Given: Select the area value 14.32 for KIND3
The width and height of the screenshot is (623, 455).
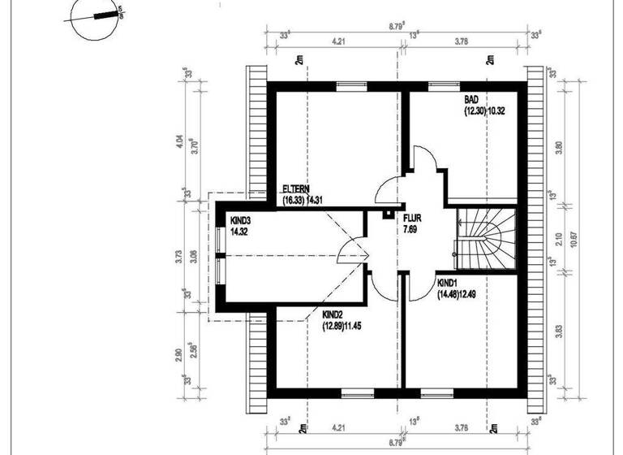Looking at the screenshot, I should coord(239,232).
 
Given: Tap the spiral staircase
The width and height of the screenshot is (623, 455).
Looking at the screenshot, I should coord(485,240).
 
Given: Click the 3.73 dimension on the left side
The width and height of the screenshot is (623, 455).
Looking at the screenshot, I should coord(179,258).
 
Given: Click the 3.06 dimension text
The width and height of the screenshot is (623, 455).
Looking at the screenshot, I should coord(193,258).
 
